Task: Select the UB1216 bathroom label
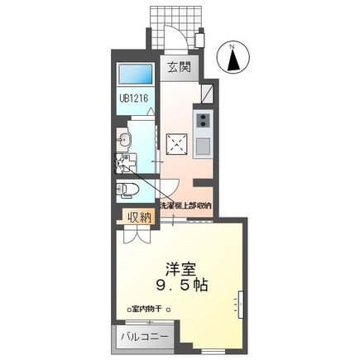coord(132,105)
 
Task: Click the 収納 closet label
coord(137,218)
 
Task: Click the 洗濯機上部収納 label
coord(185,204)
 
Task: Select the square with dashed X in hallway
coord(176,142)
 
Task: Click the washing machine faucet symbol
coord(123,161)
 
